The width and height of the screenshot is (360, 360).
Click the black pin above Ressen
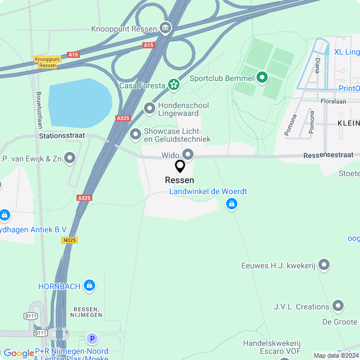click(180, 166)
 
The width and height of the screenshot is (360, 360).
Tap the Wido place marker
click(188, 154)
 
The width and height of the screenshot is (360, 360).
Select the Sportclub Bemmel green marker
click(262, 78)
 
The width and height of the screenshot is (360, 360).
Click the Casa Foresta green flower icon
click(174, 85)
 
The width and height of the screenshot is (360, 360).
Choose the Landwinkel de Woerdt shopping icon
click(231, 205)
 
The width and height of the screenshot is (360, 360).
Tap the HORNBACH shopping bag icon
click(89, 286)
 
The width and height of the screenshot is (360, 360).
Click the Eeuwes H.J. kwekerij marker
click(324, 265)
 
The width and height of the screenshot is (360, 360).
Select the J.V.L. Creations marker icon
click(338, 306)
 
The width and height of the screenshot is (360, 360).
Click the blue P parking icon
click(92, 339)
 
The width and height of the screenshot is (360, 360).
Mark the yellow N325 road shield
click(70, 240)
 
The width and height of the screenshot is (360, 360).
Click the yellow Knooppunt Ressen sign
click(47, 62)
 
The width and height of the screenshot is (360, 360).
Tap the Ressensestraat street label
click(328, 155)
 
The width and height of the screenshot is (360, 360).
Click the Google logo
click(19, 353)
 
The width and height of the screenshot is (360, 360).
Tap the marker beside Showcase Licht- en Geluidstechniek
click(136, 134)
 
